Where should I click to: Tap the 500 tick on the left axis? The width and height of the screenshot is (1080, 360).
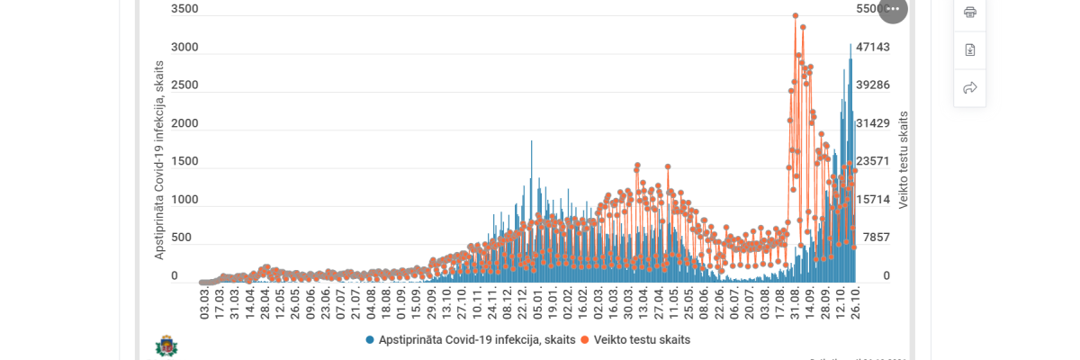tap(181, 238)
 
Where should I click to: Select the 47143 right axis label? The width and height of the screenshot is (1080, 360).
tap(873, 47)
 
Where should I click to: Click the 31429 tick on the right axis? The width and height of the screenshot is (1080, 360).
tap(873, 123)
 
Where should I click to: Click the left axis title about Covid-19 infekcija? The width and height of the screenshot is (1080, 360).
tap(159, 160)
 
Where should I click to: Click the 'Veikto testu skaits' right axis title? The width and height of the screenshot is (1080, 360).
tap(904, 160)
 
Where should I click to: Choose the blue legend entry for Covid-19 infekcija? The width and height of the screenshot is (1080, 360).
tap(471, 340)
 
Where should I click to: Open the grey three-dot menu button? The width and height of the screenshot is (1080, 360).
tap(893, 9)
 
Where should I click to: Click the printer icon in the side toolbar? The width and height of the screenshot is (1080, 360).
tap(970, 13)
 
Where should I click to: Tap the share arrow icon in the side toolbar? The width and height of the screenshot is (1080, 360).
tap(970, 88)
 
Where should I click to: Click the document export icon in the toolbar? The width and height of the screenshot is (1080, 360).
tap(970, 50)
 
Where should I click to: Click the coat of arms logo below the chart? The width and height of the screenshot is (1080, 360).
tap(166, 346)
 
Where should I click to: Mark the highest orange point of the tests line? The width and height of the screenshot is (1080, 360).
tap(796, 15)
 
